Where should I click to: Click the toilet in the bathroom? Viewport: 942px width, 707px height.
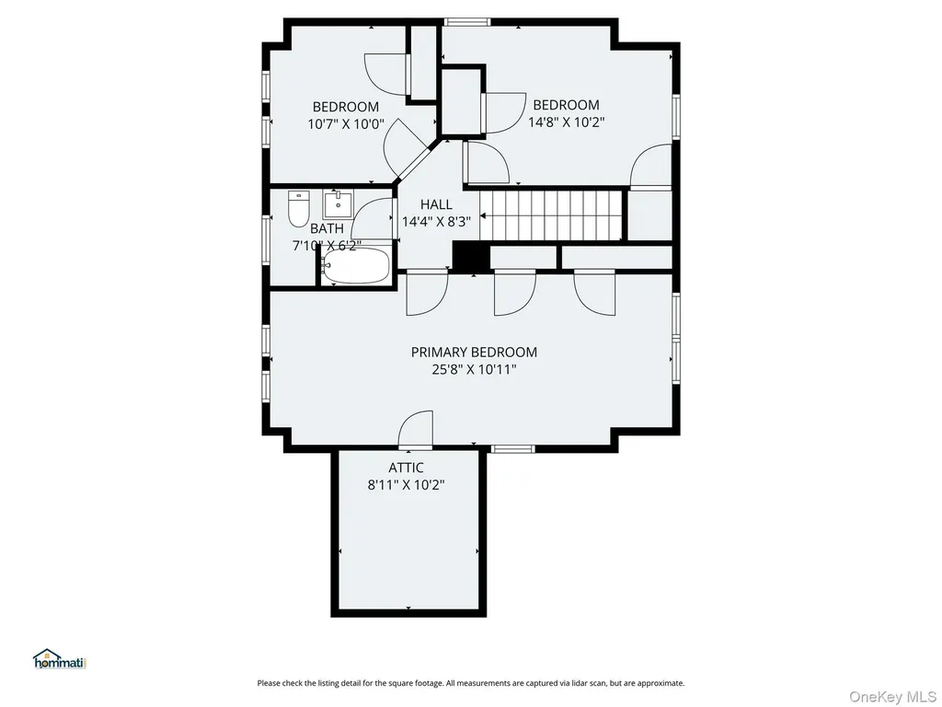coord(298,209)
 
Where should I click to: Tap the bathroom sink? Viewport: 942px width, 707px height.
coord(339,204)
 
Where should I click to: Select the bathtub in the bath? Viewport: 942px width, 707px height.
coord(356,266)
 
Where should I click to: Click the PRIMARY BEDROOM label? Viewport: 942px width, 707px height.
coord(474,352)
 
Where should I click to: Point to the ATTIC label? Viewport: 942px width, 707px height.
coord(406,467)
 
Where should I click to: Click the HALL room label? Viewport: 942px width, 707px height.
coord(436,204)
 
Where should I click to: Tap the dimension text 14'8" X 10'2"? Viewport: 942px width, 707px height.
coord(566,122)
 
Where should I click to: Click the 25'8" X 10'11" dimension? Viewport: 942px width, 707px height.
coord(474,369)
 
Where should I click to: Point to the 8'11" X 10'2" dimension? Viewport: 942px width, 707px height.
coord(406,484)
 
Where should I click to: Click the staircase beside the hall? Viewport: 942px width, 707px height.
coord(552,214)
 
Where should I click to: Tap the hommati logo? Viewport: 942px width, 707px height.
coord(60,659)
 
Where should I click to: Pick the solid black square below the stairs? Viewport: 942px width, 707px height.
coord(470,256)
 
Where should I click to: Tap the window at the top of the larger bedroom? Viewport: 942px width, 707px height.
coord(466,22)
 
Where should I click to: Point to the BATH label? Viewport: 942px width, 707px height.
coord(327,228)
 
